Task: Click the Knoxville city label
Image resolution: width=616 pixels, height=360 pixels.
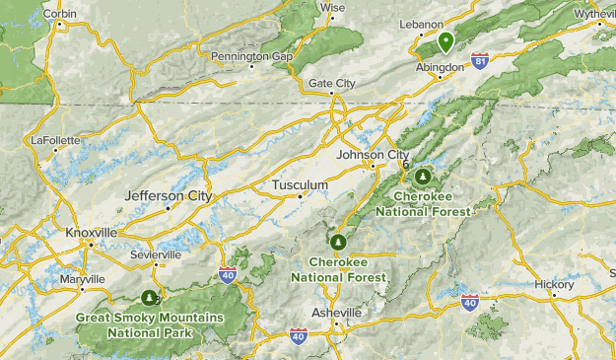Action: click(92, 232)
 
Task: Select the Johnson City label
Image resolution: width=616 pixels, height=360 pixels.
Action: click(373, 155)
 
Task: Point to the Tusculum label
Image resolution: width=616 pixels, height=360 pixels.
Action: click(300, 185)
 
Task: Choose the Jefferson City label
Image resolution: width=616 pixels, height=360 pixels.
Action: click(169, 196)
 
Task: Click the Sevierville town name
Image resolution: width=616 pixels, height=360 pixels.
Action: click(156, 253)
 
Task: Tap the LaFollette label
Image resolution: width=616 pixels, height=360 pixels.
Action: click(55, 140)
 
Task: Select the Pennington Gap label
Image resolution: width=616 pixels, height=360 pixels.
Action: click(252, 57)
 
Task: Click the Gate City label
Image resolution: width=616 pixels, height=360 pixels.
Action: click(333, 84)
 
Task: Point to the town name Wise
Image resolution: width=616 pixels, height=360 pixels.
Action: click(333, 7)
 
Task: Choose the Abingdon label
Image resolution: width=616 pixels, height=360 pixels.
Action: click(439, 67)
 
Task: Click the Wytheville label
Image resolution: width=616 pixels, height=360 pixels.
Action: click(593, 15)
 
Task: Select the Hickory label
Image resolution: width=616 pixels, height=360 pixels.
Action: click(554, 284)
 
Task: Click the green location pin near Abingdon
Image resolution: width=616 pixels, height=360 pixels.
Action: click(445, 41)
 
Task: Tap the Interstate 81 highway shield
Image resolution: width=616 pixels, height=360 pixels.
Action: click(480, 62)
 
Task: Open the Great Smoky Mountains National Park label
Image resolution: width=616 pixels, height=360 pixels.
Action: click(150, 324)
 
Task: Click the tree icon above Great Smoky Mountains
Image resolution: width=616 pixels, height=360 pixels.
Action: click(150, 296)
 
